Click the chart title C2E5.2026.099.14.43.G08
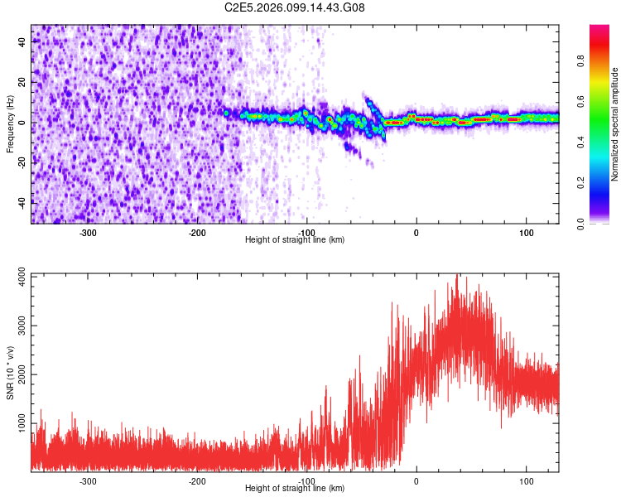[295, 8]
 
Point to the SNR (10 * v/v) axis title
[10, 373]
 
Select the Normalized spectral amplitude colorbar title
[615, 124]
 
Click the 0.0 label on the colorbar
[580, 222]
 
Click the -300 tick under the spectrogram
[88, 233]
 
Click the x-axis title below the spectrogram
[295, 240]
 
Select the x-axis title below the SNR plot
[295, 489]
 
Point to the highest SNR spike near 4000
[456, 277]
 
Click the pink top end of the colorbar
[600, 30]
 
